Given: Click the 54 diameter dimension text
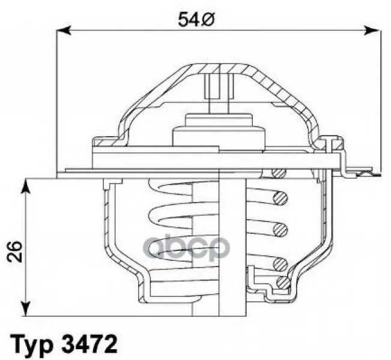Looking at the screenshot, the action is pyautogui.click(x=196, y=20).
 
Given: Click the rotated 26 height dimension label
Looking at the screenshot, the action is pyautogui.click(x=14, y=251).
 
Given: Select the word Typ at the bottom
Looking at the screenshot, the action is pyautogui.click(x=31, y=344).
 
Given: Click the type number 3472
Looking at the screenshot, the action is pyautogui.click(x=89, y=343).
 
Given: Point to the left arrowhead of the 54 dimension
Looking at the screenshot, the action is pyautogui.click(x=64, y=31).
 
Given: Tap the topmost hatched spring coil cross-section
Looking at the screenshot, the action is pyautogui.click(x=278, y=172).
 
